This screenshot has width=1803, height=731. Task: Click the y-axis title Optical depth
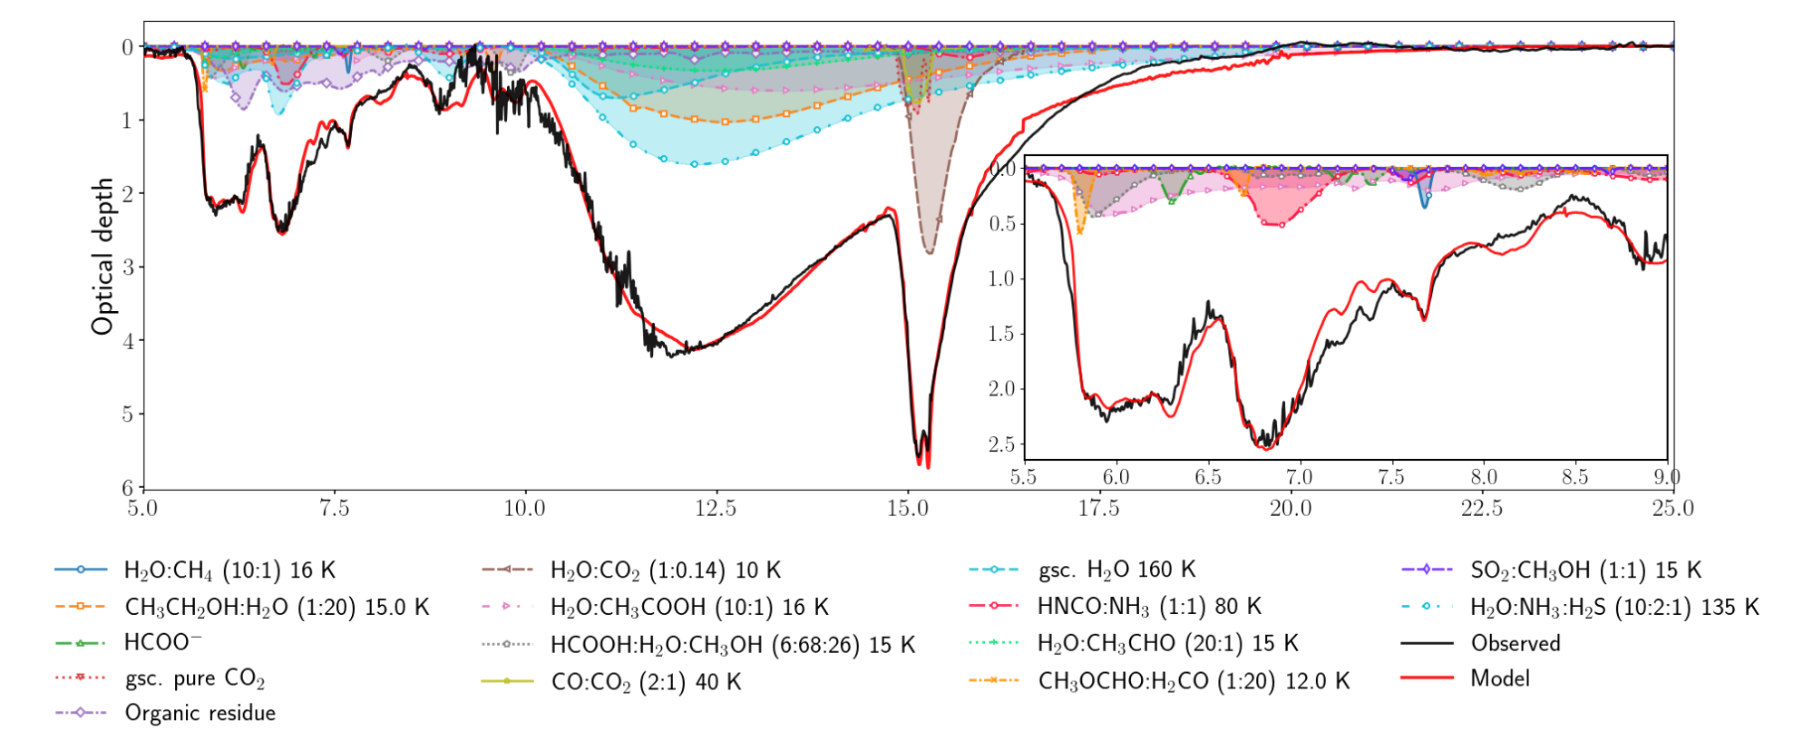pyautogui.click(x=102, y=256)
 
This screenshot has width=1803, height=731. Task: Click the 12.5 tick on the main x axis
pyautogui.click(x=716, y=509)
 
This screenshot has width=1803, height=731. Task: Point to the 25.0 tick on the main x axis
pyautogui.click(x=1672, y=509)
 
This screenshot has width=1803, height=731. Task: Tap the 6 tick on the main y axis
pyautogui.click(x=128, y=488)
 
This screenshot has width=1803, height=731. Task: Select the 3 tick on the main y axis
pyautogui.click(x=128, y=267)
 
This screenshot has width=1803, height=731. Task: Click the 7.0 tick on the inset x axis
pyautogui.click(x=1299, y=477)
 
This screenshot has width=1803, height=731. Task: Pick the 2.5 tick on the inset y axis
pyautogui.click(x=1001, y=443)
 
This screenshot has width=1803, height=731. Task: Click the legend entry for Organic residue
pyautogui.click(x=200, y=713)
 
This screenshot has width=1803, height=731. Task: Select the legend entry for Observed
pyautogui.click(x=1515, y=643)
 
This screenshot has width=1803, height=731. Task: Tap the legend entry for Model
pyautogui.click(x=1499, y=678)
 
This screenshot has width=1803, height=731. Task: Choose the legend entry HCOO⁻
pyautogui.click(x=163, y=643)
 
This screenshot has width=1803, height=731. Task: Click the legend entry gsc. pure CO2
pyautogui.click(x=194, y=678)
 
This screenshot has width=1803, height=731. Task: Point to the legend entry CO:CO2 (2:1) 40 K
pyautogui.click(x=646, y=681)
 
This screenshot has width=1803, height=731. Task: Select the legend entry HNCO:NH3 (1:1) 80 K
pyautogui.click(x=1149, y=606)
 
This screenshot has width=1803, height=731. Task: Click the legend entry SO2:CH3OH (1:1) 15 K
pyautogui.click(x=1584, y=570)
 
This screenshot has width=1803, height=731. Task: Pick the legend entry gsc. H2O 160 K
pyautogui.click(x=1116, y=570)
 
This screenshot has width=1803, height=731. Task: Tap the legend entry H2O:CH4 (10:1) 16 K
pyautogui.click(x=229, y=570)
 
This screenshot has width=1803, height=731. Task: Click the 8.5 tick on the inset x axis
pyautogui.click(x=1574, y=477)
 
